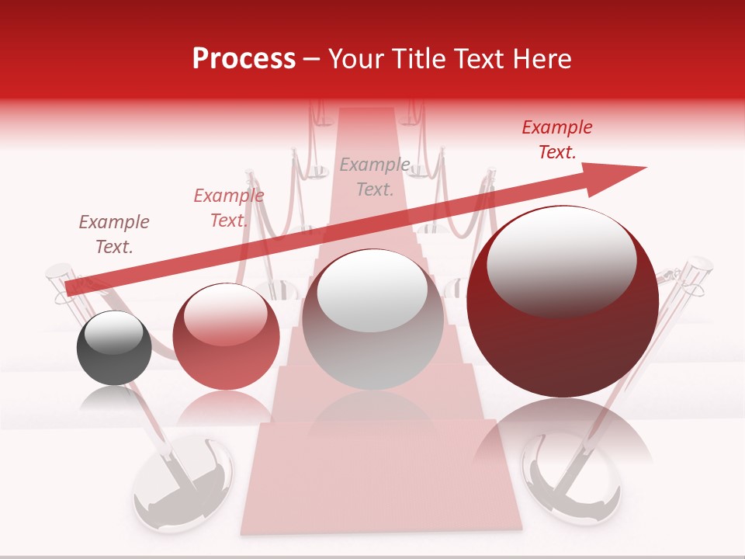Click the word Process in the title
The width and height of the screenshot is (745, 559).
tap(244, 59)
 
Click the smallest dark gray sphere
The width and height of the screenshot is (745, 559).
tap(114, 348)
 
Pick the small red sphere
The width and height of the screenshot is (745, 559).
tap(226, 336)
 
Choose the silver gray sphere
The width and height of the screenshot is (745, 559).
tap(372, 320)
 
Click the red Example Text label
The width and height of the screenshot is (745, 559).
tap(557, 140)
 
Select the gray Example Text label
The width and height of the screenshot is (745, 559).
tap(375, 177)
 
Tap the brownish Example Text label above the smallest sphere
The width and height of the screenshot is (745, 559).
tap(114, 234)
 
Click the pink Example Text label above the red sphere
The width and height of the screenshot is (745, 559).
tap(228, 208)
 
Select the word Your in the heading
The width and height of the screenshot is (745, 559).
tap(357, 59)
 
